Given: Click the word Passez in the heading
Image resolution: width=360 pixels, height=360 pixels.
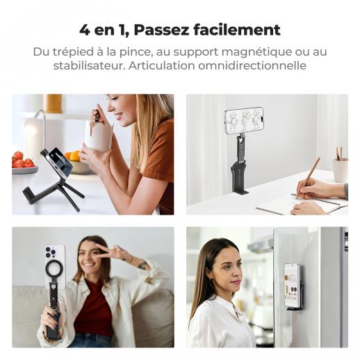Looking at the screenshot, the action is click(161, 30).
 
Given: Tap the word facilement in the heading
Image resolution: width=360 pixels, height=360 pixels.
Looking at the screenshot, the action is click(237, 30).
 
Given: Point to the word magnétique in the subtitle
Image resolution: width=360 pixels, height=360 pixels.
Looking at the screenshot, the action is click(256, 52).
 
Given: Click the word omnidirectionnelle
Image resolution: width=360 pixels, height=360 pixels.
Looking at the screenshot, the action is click(252, 65).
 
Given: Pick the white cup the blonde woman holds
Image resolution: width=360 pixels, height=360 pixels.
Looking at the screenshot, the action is click(99, 136).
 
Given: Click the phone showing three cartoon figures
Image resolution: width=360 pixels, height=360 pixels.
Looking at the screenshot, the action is click(244, 120).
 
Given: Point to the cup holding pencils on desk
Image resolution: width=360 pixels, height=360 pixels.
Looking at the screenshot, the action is click(341, 170).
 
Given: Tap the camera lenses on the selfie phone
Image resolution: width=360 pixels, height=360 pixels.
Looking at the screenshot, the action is click(51, 252).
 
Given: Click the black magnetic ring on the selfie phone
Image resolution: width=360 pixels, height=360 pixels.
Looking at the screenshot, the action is click(54, 270).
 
